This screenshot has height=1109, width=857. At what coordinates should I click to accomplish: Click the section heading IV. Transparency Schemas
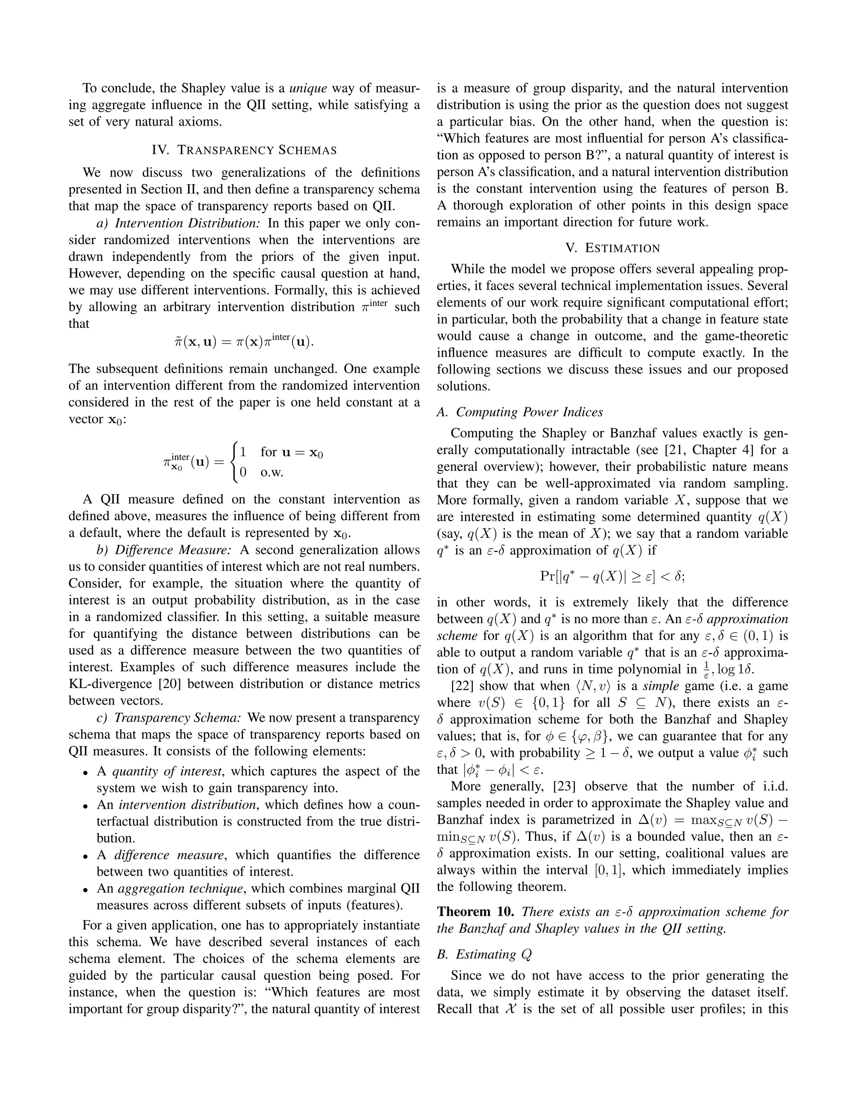click(244, 150)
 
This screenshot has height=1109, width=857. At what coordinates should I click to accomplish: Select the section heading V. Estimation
click(612, 248)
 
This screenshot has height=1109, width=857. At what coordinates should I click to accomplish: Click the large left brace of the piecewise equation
click(233, 462)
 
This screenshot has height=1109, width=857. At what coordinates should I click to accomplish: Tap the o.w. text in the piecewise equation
click(272, 472)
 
